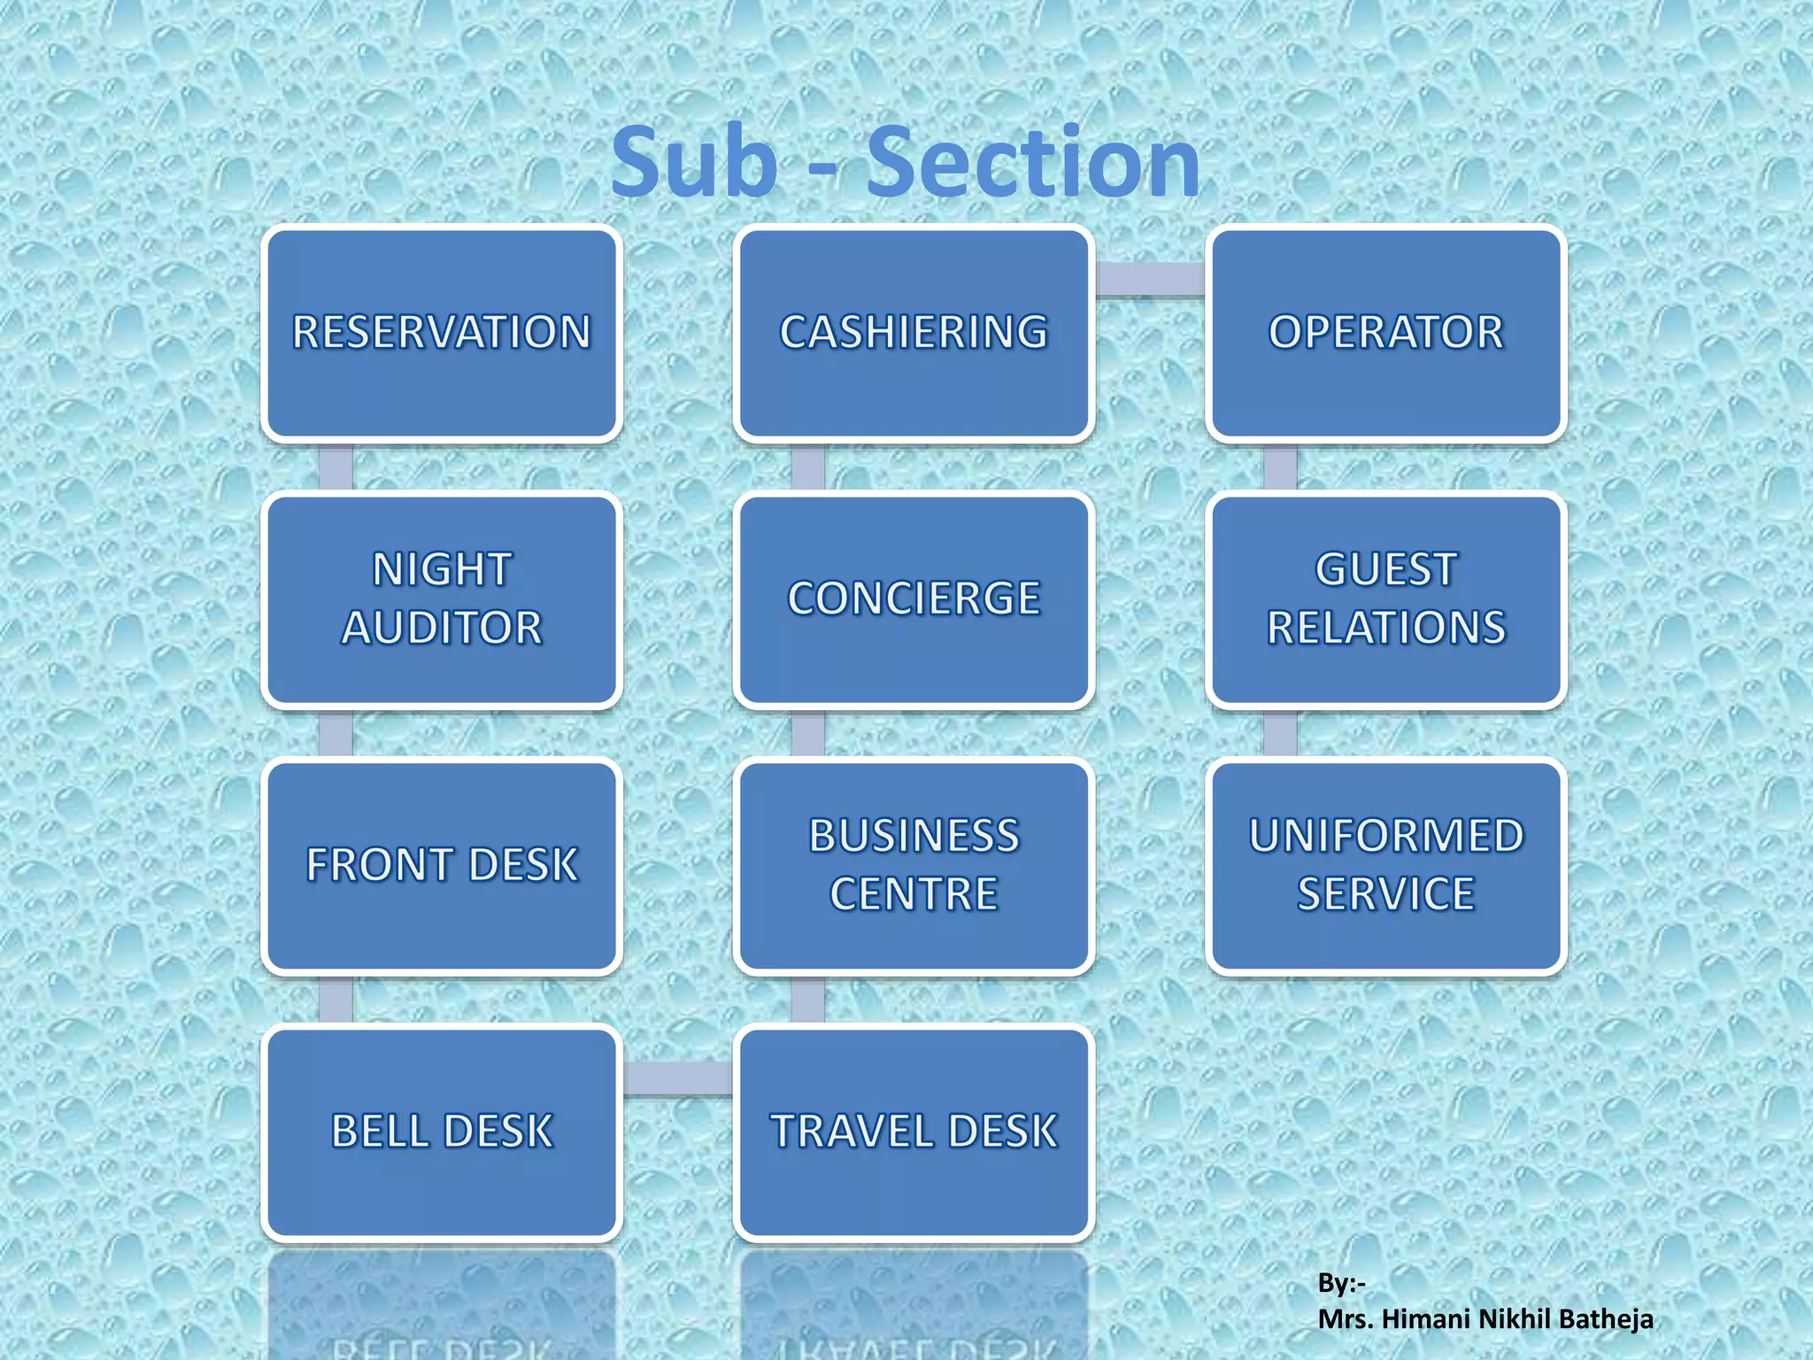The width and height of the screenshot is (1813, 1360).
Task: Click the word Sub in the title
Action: (x=694, y=163)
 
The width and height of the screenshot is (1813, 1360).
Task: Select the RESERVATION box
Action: (x=442, y=334)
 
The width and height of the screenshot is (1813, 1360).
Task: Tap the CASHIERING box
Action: (x=914, y=334)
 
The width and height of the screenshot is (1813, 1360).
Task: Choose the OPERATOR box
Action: (x=1385, y=334)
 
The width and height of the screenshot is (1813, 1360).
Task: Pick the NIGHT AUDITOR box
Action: (x=442, y=599)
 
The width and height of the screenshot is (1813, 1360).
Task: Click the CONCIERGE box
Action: (x=914, y=599)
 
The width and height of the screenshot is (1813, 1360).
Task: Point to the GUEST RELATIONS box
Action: (x=1385, y=599)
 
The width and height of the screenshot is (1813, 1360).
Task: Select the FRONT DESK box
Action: (x=442, y=866)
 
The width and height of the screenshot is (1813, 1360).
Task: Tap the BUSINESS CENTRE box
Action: (x=914, y=866)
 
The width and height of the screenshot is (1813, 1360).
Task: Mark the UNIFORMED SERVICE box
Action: (x=1385, y=866)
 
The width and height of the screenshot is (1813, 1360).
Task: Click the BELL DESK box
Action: (x=442, y=1132)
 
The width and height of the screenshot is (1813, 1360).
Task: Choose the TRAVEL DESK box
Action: (x=914, y=1132)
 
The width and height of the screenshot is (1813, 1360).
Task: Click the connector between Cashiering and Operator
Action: (x=1150, y=279)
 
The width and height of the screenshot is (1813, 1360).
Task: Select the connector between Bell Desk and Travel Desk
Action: (x=678, y=1078)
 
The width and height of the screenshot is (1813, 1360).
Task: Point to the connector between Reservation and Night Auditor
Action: (x=336, y=467)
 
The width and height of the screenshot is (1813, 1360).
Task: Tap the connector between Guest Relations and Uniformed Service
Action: (x=1280, y=733)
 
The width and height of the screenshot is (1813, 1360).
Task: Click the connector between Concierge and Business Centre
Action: (x=807, y=733)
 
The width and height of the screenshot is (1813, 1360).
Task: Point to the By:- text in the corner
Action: (x=1341, y=1282)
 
